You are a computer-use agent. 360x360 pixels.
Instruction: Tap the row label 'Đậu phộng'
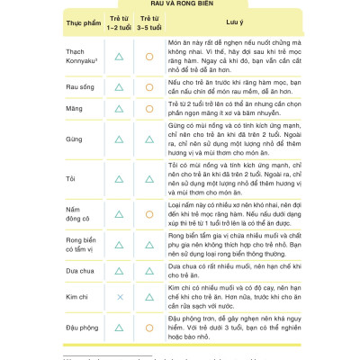[82, 327]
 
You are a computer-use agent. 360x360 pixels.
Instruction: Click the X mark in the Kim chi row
[119, 295]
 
